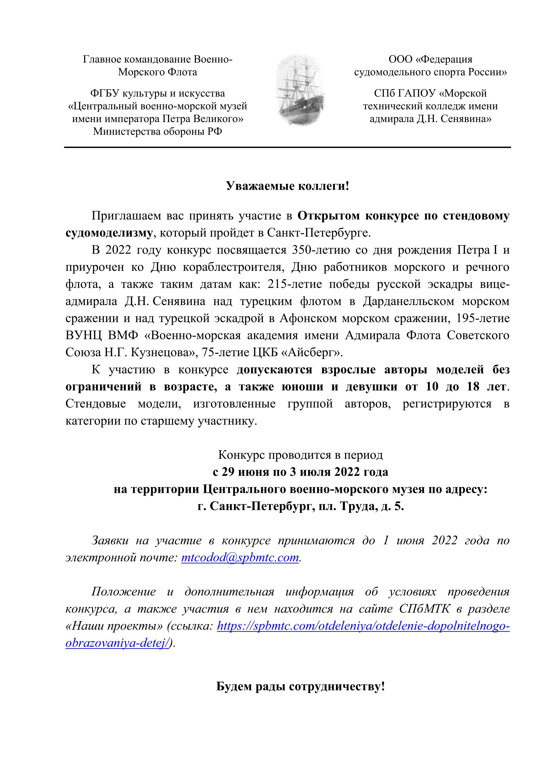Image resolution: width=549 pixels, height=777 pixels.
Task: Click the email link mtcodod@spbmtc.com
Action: pyautogui.click(x=240, y=557)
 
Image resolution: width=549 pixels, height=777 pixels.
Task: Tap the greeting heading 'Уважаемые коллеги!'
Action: pyautogui.click(x=287, y=186)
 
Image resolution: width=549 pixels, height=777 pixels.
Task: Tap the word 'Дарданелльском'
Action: pyautogui.click(x=408, y=301)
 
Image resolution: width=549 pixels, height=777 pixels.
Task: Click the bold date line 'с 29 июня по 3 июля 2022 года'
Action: pyautogui.click(x=300, y=472)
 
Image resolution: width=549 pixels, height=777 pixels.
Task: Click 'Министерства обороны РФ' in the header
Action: pyautogui.click(x=158, y=131)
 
